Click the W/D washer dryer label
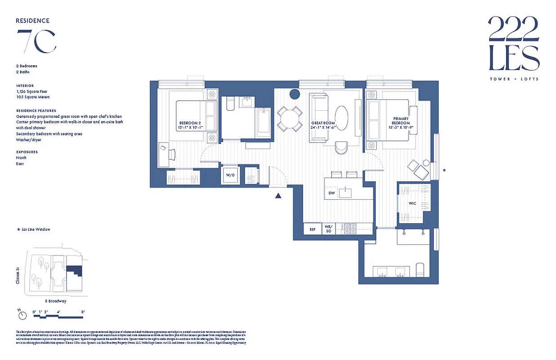230,175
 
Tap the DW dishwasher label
332,193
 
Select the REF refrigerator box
313,229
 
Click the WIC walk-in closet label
413,203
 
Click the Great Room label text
323,125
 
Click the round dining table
289,119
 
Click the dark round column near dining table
295,94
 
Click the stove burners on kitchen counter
350,229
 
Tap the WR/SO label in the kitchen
328,229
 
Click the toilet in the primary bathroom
420,270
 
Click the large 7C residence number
36,41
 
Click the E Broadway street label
55,301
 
